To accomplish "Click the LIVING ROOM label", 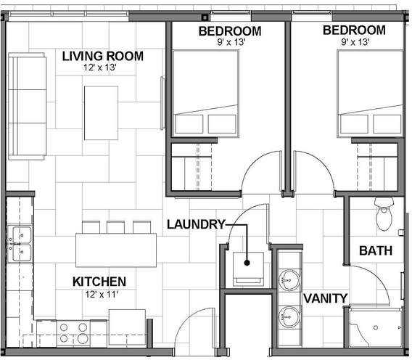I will click(x=102, y=56).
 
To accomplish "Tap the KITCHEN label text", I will click(x=99, y=282).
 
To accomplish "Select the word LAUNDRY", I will click(x=196, y=224).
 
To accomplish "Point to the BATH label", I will click(x=376, y=251).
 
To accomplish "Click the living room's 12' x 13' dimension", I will click(x=100, y=67).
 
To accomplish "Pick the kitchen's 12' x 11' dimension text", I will click(x=99, y=294).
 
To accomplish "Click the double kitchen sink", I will click(x=20, y=244).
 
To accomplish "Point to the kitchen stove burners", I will click(x=73, y=332).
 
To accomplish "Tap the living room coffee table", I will click(x=101, y=112).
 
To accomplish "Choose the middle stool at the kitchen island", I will click(x=115, y=226).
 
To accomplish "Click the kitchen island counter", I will click(x=115, y=249).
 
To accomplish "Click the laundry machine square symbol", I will click(x=248, y=263).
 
